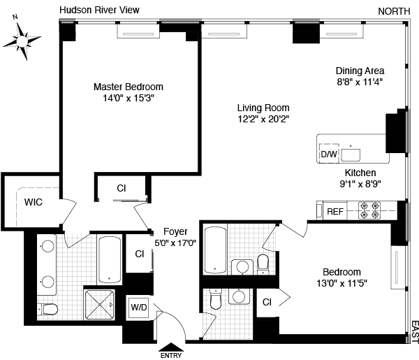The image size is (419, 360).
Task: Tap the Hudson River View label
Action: pos(99,10)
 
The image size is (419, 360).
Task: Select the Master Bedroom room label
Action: pos(128,87)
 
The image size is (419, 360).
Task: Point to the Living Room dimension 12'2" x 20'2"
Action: pos(263,119)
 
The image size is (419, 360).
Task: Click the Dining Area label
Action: pos(360,71)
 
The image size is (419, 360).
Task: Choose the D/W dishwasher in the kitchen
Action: pos(328,154)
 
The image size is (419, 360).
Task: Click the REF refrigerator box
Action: pos(335,210)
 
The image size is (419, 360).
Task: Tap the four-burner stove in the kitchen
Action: pos(369,210)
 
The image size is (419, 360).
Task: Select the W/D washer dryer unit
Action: pos(138,305)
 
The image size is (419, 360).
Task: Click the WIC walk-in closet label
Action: pos(34,203)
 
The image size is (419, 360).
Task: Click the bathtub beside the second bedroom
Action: pos(215,250)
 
